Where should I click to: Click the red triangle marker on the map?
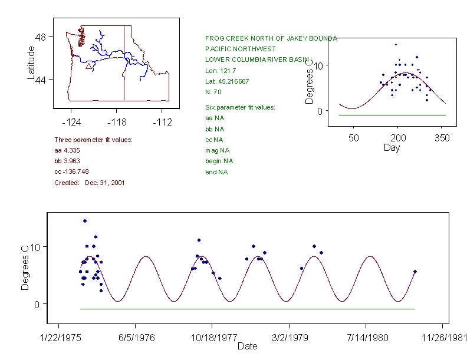[88, 67]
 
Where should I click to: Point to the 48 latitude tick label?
[41, 37]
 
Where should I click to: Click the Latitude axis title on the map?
[31, 62]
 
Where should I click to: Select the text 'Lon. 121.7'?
[219, 71]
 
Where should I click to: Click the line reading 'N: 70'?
[213, 92]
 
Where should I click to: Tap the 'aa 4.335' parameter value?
[67, 151]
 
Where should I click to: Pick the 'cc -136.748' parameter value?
[71, 171]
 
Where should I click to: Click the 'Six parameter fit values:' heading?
[240, 107]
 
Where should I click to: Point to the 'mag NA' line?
[216, 150]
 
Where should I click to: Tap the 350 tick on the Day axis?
[442, 138]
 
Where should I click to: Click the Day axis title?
[392, 148]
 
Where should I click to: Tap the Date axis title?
[248, 346]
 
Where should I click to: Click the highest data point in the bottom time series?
[85, 221]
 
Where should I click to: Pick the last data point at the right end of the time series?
[415, 272]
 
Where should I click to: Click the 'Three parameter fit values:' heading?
[93, 140]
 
